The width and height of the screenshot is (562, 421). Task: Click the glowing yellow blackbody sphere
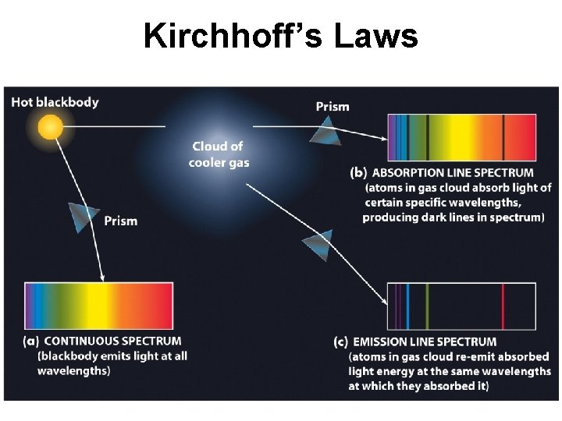tap(50, 126)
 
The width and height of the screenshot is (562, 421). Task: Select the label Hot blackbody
tap(55, 102)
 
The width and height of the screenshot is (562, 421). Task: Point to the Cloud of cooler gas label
tap(219, 154)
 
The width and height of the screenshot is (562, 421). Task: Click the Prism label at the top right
tap(333, 106)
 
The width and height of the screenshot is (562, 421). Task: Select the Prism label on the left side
tap(121, 221)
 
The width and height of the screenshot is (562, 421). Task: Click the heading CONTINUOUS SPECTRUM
tap(113, 341)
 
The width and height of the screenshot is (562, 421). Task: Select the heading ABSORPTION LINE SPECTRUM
tap(454, 172)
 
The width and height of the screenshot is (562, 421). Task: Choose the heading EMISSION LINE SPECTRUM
tap(425, 341)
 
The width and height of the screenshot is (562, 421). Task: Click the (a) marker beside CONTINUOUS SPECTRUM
tap(32, 341)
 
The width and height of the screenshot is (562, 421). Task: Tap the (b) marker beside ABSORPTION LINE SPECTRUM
tap(358, 172)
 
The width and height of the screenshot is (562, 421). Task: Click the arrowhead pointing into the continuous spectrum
tap(102, 276)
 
